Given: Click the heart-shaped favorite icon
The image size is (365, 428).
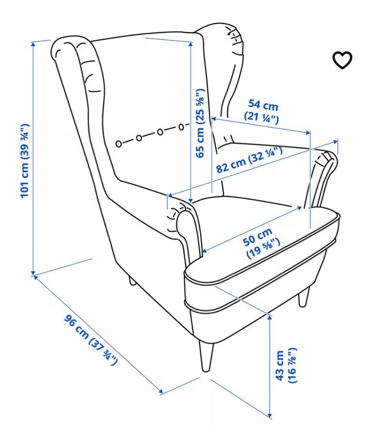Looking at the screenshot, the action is (342, 60).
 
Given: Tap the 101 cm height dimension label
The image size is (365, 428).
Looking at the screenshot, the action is (25, 161).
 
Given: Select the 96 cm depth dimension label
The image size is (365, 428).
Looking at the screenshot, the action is (91, 340).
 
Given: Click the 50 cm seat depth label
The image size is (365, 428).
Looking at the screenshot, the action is (261, 243).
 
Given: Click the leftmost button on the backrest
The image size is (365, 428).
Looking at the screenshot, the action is (119, 143).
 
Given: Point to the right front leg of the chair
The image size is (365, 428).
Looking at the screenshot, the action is (304, 297).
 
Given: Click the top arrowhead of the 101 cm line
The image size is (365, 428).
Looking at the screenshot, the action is (33, 44).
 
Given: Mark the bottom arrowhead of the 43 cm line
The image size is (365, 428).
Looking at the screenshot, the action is (270, 416).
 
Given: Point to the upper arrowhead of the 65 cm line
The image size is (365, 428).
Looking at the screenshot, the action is (191, 44).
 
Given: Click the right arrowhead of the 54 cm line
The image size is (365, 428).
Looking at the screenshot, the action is (308, 133).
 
